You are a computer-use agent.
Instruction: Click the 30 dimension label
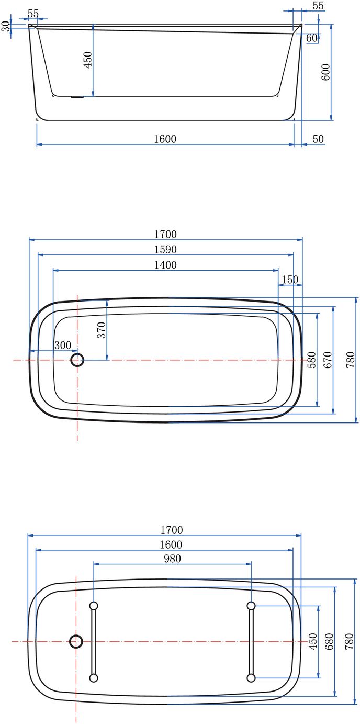[x=6, y=27]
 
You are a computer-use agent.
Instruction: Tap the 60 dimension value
[x=311, y=38]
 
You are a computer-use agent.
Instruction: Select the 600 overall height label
[x=326, y=72]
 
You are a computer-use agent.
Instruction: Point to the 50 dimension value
[x=318, y=139]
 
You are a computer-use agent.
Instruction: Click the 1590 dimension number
[x=165, y=250]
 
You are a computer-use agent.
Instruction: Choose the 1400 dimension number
[x=165, y=265]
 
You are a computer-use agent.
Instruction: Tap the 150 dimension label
[x=290, y=280]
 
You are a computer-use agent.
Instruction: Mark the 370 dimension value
[x=102, y=330]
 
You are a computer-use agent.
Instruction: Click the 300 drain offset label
[x=63, y=345]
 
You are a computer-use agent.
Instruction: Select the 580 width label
[x=311, y=360]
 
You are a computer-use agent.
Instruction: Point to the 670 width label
[x=328, y=360]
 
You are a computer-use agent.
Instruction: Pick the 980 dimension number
[x=172, y=559]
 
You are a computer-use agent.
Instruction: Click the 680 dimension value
[x=329, y=641]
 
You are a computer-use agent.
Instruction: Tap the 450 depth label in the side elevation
[x=88, y=60]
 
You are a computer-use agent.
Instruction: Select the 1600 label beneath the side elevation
[x=165, y=139]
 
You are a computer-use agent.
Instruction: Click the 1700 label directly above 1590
[x=165, y=234]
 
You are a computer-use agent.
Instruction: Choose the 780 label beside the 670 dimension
[x=350, y=360]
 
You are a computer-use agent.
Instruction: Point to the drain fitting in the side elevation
[x=77, y=97]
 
